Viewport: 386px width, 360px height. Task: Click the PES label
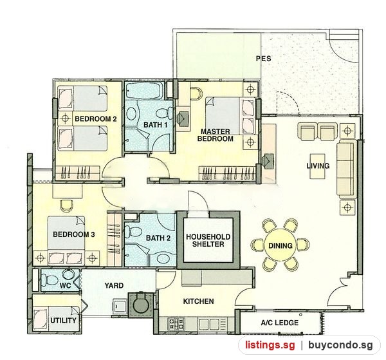point(263,59)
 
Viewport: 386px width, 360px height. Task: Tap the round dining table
point(280,245)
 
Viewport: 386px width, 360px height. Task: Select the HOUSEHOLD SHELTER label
point(208,240)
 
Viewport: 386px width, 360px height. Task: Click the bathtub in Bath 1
point(143,90)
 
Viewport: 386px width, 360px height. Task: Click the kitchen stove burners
point(176,323)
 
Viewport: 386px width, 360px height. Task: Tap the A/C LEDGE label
point(279,323)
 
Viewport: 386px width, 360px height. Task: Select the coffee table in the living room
point(317,166)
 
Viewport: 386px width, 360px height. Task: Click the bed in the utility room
point(57,319)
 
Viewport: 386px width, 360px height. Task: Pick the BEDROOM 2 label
point(95,118)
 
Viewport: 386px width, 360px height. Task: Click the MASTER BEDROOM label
point(215,135)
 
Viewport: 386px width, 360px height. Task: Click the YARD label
point(114,285)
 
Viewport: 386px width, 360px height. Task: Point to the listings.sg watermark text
point(270,345)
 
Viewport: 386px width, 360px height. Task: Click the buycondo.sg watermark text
point(340,345)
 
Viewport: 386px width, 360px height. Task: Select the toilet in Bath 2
point(133,232)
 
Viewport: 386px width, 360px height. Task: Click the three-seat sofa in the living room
point(347,169)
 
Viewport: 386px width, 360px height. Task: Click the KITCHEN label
point(198,301)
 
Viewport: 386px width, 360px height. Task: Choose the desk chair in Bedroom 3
point(66,205)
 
